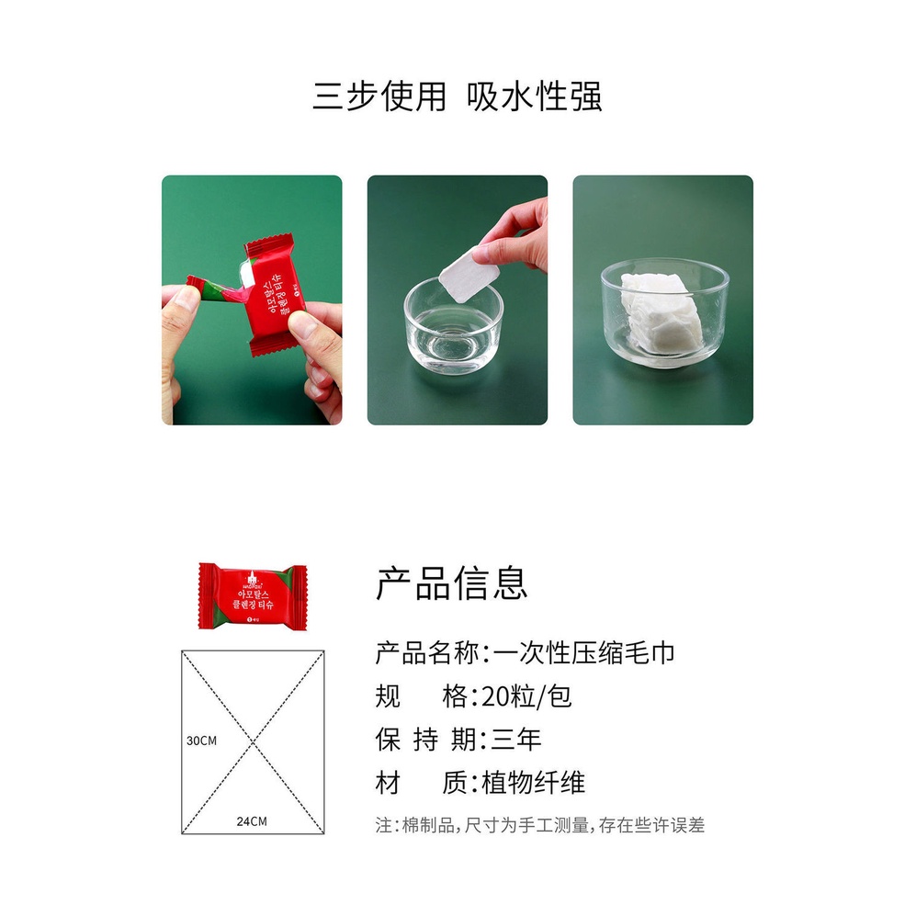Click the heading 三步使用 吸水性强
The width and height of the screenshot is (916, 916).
(457, 96)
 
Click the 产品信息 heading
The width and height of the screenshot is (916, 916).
(451, 583)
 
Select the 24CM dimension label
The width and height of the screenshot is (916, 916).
(251, 820)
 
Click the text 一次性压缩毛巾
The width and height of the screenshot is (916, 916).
(584, 653)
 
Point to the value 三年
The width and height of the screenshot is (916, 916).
(516, 740)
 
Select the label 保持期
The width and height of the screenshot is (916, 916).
(425, 740)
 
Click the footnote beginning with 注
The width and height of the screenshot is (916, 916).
(540, 825)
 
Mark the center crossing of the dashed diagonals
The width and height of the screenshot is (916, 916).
(254, 742)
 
